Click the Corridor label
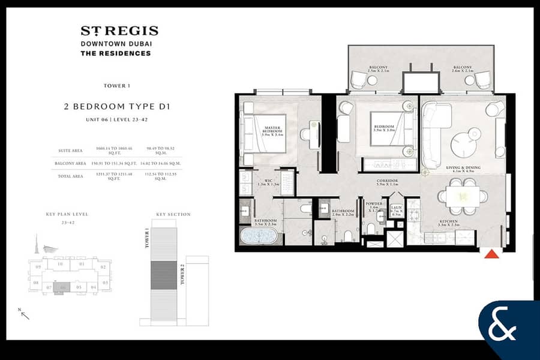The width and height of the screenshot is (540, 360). pos(388,182)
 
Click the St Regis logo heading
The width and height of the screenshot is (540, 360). pos(119,31)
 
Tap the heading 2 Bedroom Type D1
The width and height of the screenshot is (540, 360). pos(118,107)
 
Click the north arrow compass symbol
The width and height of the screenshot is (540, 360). pos(24,313)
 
